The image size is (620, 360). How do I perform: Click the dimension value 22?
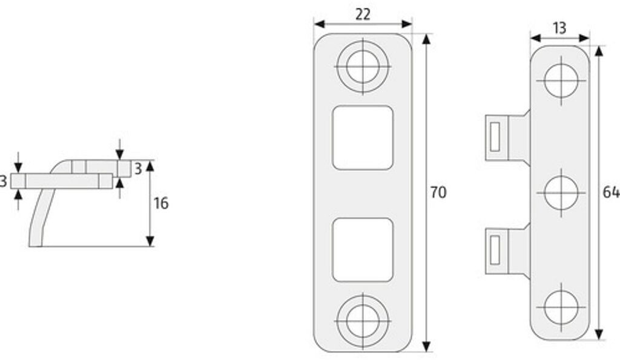coord(363,15)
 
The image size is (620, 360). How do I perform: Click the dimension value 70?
coord(438,192)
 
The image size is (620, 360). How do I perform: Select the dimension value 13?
coord(559,28)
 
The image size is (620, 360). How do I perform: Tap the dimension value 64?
coord(611,192)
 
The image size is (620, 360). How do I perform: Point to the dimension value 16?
coord(161,203)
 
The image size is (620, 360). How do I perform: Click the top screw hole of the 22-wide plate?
coord(363,67)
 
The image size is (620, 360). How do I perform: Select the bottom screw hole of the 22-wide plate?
coord(363,321)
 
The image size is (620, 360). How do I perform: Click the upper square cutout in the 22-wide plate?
coord(363,138)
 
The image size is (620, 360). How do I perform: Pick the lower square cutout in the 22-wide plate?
coord(363,250)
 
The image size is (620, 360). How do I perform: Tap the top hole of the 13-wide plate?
coord(561,80)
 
